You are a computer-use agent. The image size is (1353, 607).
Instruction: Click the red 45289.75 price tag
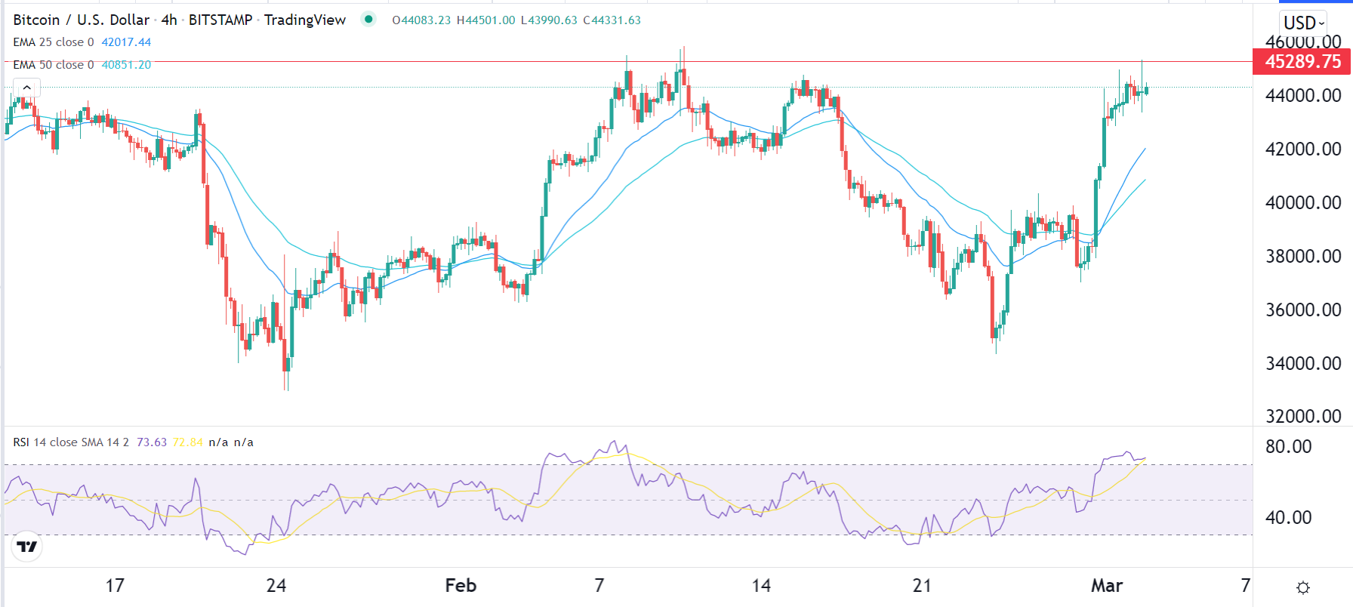pyautogui.click(x=1302, y=62)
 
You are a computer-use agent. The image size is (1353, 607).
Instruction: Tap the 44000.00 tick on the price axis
pyautogui.click(x=1302, y=96)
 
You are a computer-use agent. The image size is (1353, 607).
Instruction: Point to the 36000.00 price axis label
pyautogui.click(x=1302, y=310)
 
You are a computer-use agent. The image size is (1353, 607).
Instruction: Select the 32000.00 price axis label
pyautogui.click(x=1302, y=417)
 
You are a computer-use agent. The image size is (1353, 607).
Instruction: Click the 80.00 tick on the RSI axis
pyautogui.click(x=1288, y=447)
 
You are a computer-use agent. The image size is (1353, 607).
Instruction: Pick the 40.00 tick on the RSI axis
pyautogui.click(x=1288, y=518)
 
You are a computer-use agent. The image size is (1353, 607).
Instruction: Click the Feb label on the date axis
pyautogui.click(x=461, y=586)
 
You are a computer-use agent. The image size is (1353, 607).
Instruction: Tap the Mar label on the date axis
pyautogui.click(x=1107, y=586)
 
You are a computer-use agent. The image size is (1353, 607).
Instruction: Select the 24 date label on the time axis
pyautogui.click(x=276, y=586)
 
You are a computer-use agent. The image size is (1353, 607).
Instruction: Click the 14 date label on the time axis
pyautogui.click(x=761, y=586)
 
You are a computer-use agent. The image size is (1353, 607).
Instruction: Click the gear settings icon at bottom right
pyautogui.click(x=1303, y=587)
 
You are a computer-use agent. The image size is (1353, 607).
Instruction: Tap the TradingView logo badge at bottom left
pyautogui.click(x=27, y=547)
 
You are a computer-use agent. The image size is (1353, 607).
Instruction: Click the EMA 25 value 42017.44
pyautogui.click(x=126, y=42)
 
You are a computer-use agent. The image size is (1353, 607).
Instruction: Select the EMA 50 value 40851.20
pyautogui.click(x=126, y=65)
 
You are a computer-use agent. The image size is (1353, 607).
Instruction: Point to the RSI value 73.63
pyautogui.click(x=152, y=442)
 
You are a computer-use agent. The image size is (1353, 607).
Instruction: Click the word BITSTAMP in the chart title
pyautogui.click(x=220, y=20)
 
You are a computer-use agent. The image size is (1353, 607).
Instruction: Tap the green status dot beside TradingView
pyautogui.click(x=368, y=20)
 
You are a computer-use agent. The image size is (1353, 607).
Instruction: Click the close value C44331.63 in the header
pyautogui.click(x=612, y=20)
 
